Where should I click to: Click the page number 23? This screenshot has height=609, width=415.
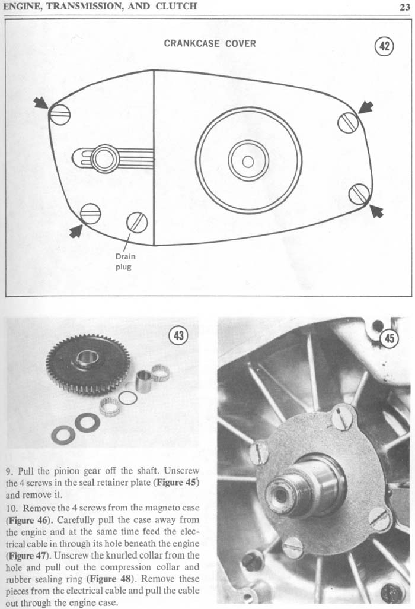[404, 7]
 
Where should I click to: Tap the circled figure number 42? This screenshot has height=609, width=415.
[384, 46]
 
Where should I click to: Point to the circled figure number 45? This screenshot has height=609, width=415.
[390, 339]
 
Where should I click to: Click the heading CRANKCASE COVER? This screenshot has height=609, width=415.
[210, 43]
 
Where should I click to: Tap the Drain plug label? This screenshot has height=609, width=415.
[125, 261]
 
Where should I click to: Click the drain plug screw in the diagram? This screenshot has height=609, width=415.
[137, 223]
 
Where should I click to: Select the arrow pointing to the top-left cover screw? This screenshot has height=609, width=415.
[41, 103]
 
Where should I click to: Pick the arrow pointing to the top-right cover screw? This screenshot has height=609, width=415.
[366, 107]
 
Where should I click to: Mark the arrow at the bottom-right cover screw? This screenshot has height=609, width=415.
[376, 211]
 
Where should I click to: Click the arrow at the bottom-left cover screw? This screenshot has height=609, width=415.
[76, 231]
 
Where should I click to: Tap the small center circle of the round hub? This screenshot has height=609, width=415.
[248, 161]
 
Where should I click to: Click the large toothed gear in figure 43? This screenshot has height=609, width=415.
[88, 364]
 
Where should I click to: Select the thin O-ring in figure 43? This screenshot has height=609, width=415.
[127, 397]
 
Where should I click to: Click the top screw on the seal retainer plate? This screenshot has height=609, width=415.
[343, 417]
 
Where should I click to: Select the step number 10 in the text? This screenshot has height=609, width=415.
[12, 508]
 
